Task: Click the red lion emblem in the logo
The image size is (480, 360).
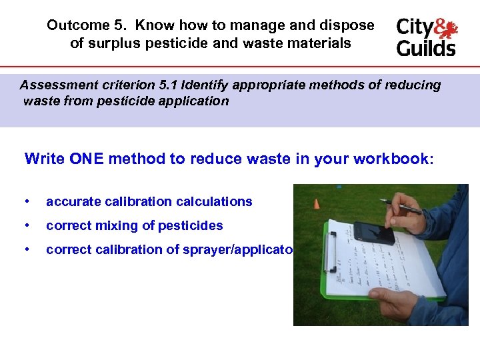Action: (x=445, y=29)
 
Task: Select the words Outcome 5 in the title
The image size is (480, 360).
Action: (x=87, y=25)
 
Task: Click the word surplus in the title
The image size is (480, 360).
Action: (x=117, y=43)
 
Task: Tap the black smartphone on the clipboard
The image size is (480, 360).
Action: (x=373, y=233)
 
